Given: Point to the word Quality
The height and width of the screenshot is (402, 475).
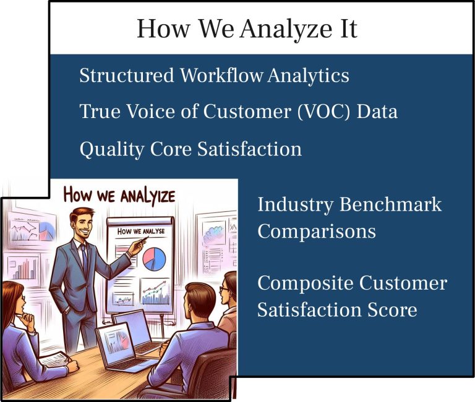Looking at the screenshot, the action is coord(112,149).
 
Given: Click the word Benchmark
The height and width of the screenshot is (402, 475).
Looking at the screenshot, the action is coord(390,204).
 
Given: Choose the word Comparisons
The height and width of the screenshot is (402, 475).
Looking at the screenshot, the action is coord(317,232).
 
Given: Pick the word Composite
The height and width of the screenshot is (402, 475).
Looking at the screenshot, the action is coord(306,283).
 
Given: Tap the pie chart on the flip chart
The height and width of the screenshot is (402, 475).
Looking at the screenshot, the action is coord(154,259).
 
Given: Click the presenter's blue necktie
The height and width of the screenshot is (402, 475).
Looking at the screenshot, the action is coord(84,256).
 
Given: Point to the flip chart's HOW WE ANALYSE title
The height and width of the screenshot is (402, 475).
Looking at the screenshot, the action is coord(141,232).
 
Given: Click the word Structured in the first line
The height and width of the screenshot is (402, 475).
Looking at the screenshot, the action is coord(127,75).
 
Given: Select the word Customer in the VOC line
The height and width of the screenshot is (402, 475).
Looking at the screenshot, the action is coord(247,111).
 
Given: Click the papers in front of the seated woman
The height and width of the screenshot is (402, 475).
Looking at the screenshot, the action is coord(54,359).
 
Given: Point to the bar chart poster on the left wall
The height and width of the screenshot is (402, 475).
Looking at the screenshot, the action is coord(23,268).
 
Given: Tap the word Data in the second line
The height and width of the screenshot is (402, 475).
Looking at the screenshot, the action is coord(377,112).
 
